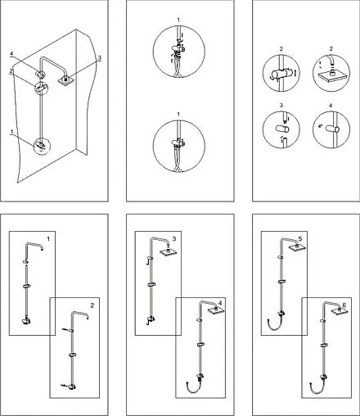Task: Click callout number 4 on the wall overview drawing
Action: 11,54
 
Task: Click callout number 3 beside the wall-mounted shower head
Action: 100,58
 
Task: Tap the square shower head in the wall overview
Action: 65,80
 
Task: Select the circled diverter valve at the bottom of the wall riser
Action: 42,146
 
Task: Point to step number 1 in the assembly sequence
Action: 48,239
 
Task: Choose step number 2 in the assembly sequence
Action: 92,305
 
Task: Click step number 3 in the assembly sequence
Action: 174,239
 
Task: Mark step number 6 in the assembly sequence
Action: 344,305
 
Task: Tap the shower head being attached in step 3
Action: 167,252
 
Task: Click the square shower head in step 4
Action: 216,311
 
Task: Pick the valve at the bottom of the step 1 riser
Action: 26,321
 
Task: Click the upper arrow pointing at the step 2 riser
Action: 65,330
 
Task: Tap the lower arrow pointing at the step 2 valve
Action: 64,386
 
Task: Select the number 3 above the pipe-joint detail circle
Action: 281,106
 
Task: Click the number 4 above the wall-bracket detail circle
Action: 331,106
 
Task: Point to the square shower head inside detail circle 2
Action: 331,76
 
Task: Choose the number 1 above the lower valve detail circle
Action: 178,114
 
